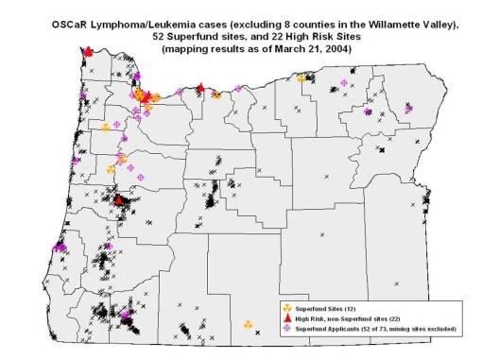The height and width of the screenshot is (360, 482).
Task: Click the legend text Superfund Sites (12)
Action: pos(327,307)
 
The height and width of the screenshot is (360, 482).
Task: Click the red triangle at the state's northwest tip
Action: pos(88,52)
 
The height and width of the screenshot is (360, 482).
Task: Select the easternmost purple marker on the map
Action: pos(408,109)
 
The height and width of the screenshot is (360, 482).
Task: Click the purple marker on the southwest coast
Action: pos(60,247)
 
